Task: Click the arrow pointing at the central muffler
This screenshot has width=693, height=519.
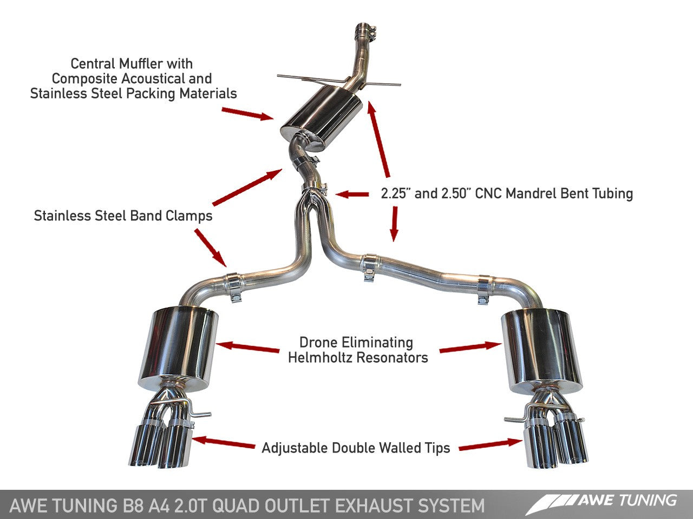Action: coord(247,113)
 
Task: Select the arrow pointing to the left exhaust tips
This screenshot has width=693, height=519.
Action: coord(224,442)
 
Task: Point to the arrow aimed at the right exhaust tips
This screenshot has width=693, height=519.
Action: coord(490,444)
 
